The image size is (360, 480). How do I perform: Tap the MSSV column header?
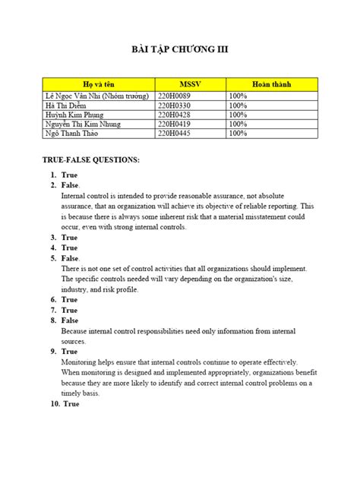click(189, 83)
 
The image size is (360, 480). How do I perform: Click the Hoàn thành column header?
click(271, 83)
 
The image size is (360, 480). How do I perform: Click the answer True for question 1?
click(70, 175)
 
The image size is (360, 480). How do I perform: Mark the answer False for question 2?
click(71, 185)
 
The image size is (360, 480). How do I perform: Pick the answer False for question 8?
click(70, 321)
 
